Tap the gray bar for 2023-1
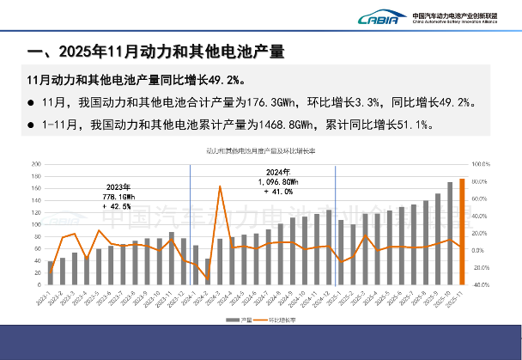(51, 272)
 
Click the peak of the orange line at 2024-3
(220, 186)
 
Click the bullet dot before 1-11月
(30, 125)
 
